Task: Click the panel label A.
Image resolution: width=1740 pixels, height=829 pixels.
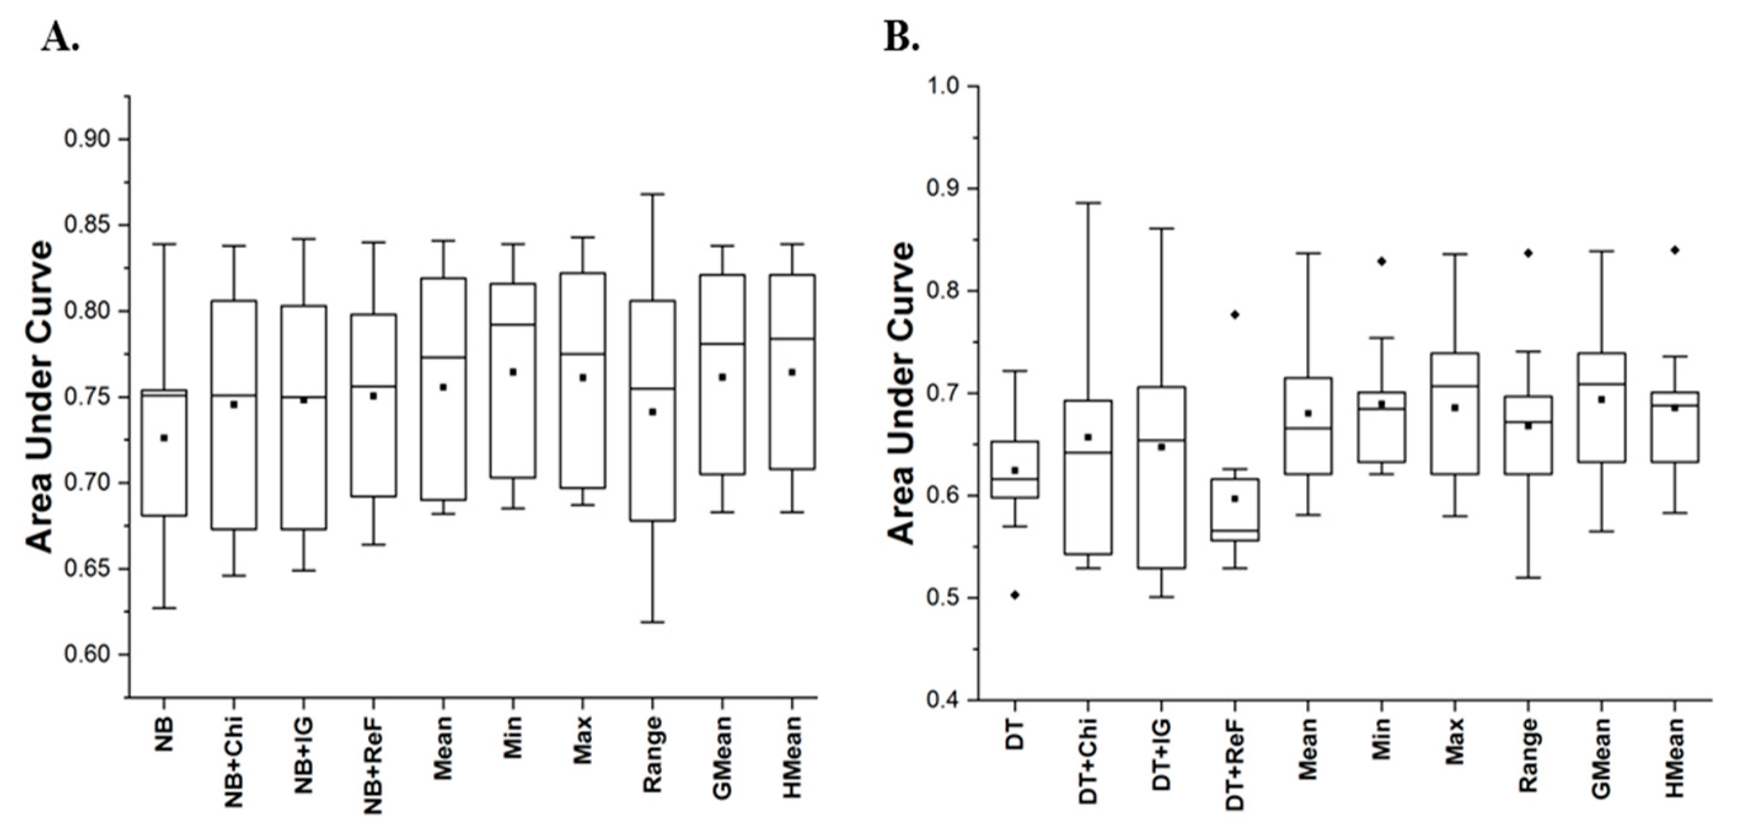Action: point(60,40)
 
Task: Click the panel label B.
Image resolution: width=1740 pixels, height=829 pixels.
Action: point(902,40)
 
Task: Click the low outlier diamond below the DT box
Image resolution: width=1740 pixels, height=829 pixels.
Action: point(1015,594)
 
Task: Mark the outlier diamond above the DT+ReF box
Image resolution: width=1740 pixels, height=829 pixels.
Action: point(1235,314)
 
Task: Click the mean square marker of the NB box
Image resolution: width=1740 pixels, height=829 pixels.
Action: point(163,438)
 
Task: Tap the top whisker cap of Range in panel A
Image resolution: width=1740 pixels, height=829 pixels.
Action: point(653,194)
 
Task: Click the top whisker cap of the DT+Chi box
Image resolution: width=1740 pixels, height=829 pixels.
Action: point(1088,203)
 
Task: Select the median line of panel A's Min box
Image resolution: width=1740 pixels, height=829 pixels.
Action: point(513,324)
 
